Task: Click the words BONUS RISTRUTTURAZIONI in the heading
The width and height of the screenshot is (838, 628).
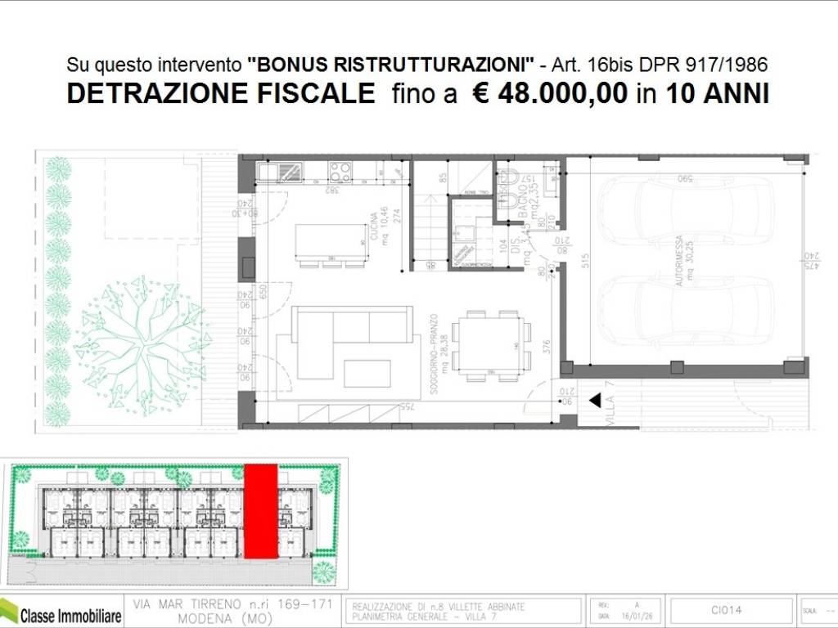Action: point(391,64)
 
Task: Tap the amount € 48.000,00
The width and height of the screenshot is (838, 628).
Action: point(549,93)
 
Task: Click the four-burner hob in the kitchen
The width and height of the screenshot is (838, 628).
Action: point(340,171)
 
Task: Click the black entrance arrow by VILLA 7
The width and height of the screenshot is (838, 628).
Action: point(595,401)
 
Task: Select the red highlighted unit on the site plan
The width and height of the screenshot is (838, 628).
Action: point(259,512)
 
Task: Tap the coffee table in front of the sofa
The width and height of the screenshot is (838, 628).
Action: point(367,373)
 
